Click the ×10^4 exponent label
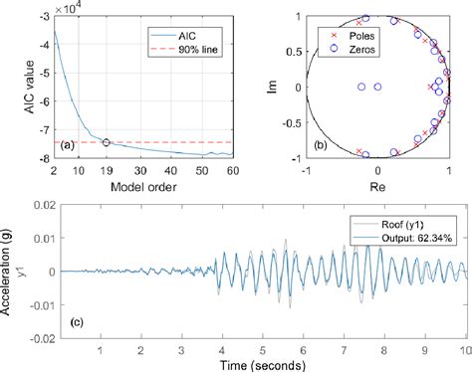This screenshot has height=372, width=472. (x=71, y=7)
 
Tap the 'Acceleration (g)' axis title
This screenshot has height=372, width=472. (x=9, y=271)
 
